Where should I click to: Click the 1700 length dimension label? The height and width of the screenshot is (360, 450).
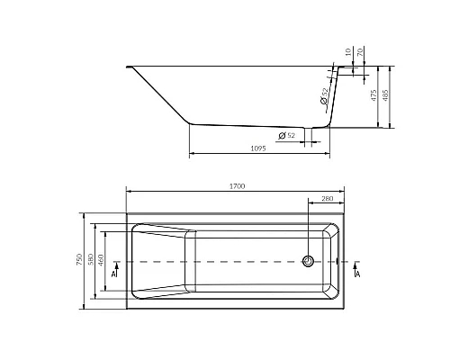[x=238, y=186]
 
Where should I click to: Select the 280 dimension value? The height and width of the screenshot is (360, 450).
[x=328, y=199]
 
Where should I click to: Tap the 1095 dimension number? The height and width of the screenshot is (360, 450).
[x=258, y=148]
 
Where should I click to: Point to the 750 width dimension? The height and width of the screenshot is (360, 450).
[x=79, y=260]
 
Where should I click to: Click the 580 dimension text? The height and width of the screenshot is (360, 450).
[x=91, y=260]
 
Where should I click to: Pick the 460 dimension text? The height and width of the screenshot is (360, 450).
[x=101, y=260]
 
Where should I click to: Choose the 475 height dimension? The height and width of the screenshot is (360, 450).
[x=373, y=95]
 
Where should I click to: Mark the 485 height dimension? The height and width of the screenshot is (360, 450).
[x=386, y=95]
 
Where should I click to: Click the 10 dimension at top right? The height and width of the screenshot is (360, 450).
[x=348, y=52]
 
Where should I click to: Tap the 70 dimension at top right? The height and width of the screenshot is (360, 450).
[x=361, y=52]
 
